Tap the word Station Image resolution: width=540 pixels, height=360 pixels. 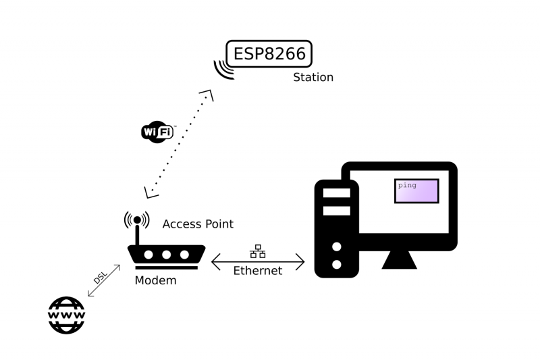pyautogui.click(x=313, y=78)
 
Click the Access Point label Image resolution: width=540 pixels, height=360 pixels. pyautogui.click(x=198, y=224)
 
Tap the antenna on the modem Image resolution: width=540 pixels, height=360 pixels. pyautogui.click(x=137, y=230)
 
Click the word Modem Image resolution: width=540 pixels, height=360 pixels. pyautogui.click(x=155, y=280)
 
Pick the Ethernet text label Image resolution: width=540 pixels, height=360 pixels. pyautogui.click(x=257, y=271)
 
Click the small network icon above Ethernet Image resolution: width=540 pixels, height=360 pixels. pyautogui.click(x=257, y=252)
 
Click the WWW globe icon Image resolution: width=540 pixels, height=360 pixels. pyautogui.click(x=66, y=315)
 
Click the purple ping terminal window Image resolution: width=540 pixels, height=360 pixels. pyautogui.click(x=416, y=191)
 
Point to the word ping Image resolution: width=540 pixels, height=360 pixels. pyautogui.click(x=407, y=184)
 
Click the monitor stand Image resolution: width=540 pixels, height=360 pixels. pyautogui.click(x=399, y=259)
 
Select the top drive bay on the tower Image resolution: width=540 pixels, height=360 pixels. pyautogui.click(x=336, y=193)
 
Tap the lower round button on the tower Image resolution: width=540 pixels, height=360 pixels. pyautogui.click(x=336, y=264)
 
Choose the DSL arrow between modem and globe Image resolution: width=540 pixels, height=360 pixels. pyautogui.click(x=104, y=281)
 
